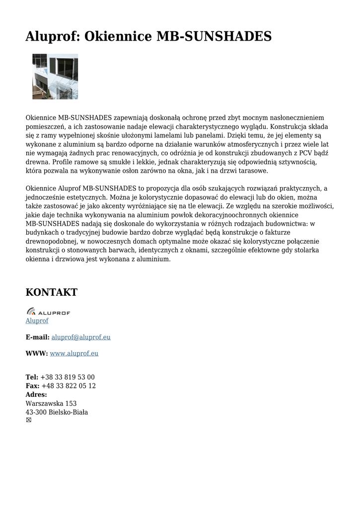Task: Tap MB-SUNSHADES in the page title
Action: (214, 36)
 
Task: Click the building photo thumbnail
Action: (55, 76)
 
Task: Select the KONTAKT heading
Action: (52, 292)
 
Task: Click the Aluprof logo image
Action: (48, 312)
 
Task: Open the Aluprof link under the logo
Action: (37, 321)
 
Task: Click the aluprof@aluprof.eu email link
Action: (81, 337)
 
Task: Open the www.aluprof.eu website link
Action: (74, 354)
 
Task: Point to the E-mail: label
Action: (38, 337)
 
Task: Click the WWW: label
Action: (37, 354)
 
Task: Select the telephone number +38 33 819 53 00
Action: (68, 378)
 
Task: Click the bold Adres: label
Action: (36, 395)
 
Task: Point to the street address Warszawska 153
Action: (51, 404)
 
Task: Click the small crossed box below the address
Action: (28, 420)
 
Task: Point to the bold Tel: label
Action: (32, 378)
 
